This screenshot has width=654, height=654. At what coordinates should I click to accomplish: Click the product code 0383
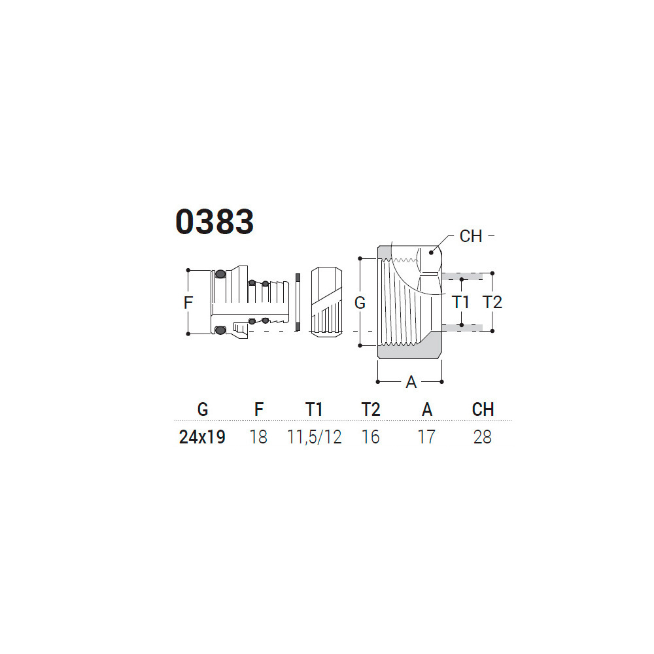pyautogui.click(x=215, y=222)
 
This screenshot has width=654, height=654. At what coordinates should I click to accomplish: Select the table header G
pyautogui.click(x=203, y=409)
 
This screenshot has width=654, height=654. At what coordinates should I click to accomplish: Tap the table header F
pyautogui.click(x=259, y=409)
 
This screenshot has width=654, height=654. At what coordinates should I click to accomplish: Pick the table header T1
pyautogui.click(x=314, y=409)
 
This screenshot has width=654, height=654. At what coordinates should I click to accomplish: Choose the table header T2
pyautogui.click(x=371, y=409)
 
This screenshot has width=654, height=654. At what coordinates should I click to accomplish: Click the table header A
pyautogui.click(x=426, y=409)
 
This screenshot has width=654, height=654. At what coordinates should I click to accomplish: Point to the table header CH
pyautogui.click(x=483, y=409)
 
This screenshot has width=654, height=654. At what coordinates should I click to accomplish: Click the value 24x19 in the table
pyautogui.click(x=202, y=437)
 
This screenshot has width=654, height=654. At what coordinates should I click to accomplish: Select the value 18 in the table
pyautogui.click(x=258, y=437)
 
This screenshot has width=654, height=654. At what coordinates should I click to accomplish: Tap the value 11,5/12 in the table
pyautogui.click(x=315, y=437)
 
